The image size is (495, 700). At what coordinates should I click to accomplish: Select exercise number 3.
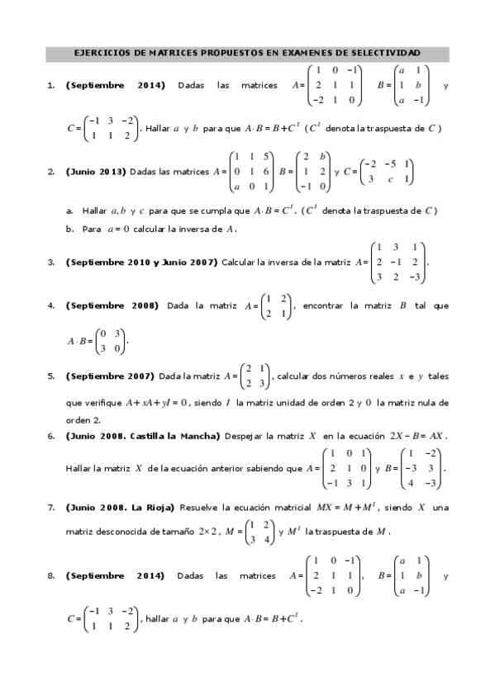click(50, 262)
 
